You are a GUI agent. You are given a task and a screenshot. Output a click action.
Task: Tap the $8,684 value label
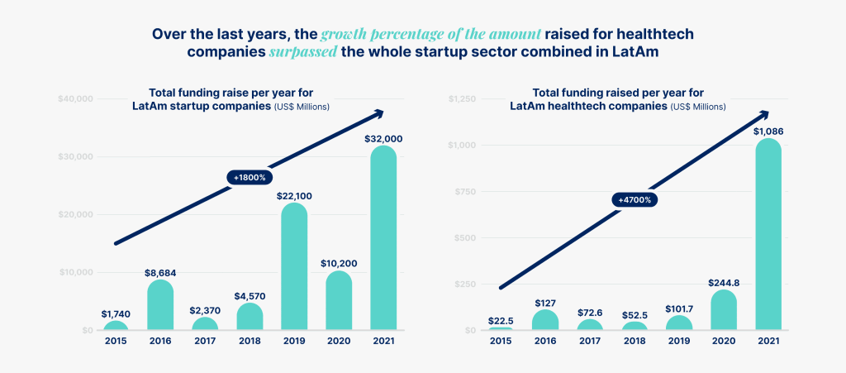click(x=160, y=272)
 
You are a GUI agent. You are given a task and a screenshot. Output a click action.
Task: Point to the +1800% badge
click(x=250, y=177)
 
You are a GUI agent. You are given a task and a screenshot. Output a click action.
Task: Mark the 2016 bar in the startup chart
click(x=160, y=305)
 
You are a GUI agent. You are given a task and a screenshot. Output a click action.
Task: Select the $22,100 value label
click(x=294, y=196)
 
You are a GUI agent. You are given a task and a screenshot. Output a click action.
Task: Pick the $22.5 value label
click(x=501, y=321)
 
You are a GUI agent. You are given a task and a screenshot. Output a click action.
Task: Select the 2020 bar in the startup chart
click(x=339, y=301)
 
